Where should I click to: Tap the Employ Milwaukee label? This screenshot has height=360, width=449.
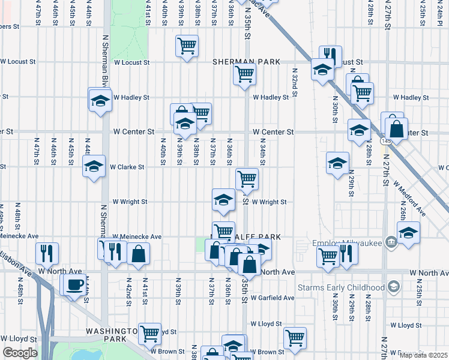(348, 242)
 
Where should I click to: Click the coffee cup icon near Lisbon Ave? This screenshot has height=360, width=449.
(74, 284)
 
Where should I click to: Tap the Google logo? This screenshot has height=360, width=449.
(20, 353)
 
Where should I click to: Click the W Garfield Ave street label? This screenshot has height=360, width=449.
(273, 298)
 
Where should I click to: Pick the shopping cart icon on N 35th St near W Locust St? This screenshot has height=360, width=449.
(244, 75)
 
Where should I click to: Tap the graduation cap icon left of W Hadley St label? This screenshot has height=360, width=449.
(100, 100)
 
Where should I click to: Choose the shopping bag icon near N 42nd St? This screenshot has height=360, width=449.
(138, 253)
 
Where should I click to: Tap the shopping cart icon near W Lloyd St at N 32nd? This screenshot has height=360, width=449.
(295, 338)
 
